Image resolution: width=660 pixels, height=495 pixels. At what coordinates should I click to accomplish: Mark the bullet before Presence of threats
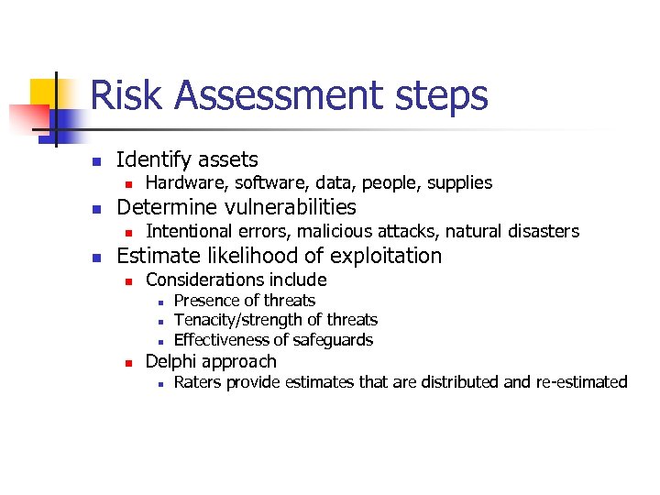coord(159,302)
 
